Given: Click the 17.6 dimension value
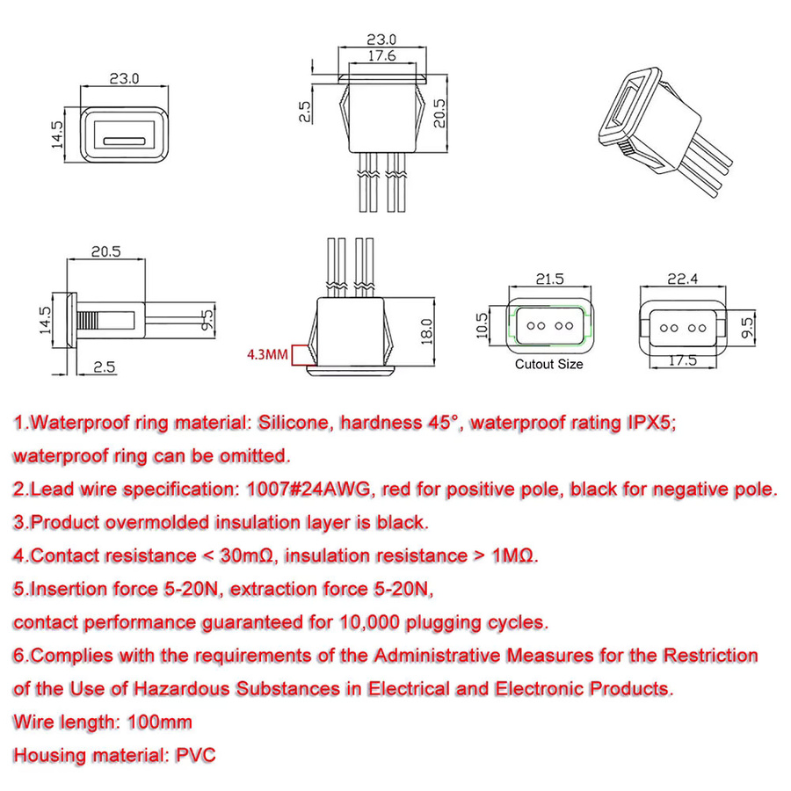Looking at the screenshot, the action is (382, 55).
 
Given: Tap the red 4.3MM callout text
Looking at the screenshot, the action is (267, 355).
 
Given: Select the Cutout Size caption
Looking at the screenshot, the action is (548, 364).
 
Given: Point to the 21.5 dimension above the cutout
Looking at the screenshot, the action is (549, 279).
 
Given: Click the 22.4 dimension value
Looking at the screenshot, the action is (683, 279).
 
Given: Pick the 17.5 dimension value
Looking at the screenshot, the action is (683, 360).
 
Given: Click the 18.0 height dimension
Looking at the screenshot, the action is (427, 331).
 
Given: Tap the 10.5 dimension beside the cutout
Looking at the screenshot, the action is (483, 325).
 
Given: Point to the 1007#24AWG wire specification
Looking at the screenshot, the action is (308, 489).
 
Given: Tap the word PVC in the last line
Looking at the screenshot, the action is (196, 755).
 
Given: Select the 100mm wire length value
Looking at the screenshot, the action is (160, 722).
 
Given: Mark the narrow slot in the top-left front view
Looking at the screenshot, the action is (125, 142).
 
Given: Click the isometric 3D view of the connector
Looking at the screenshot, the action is (665, 132).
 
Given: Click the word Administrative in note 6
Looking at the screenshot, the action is (438, 656).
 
